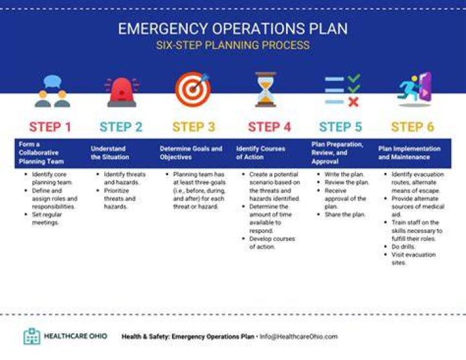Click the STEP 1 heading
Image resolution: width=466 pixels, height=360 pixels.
[50, 127]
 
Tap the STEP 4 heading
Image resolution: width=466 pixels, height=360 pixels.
[269, 127]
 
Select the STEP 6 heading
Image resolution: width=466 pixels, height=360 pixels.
[412, 127]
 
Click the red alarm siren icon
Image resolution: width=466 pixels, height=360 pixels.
[122, 92]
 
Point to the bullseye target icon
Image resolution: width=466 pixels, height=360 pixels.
[193, 89]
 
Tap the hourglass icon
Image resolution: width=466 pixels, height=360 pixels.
[266, 89]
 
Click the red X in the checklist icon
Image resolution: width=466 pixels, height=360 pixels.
[353, 102]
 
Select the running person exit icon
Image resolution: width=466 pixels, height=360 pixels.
[414, 89]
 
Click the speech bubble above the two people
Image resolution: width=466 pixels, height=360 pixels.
[52, 81]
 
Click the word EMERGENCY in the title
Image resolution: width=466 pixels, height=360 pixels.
[163, 29]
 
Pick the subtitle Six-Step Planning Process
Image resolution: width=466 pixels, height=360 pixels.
[233, 45]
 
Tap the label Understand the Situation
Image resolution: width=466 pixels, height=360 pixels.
[110, 153]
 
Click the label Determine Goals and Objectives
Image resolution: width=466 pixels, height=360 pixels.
[191, 153]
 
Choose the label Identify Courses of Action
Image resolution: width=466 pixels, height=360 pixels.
[260, 153]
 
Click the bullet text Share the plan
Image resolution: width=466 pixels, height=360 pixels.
[345, 214]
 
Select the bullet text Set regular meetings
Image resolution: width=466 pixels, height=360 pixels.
[47, 218]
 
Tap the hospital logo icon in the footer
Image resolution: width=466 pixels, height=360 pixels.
[32, 336]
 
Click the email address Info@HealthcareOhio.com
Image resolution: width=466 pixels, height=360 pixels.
[298, 337]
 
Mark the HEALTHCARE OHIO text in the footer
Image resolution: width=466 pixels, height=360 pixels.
[76, 336]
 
